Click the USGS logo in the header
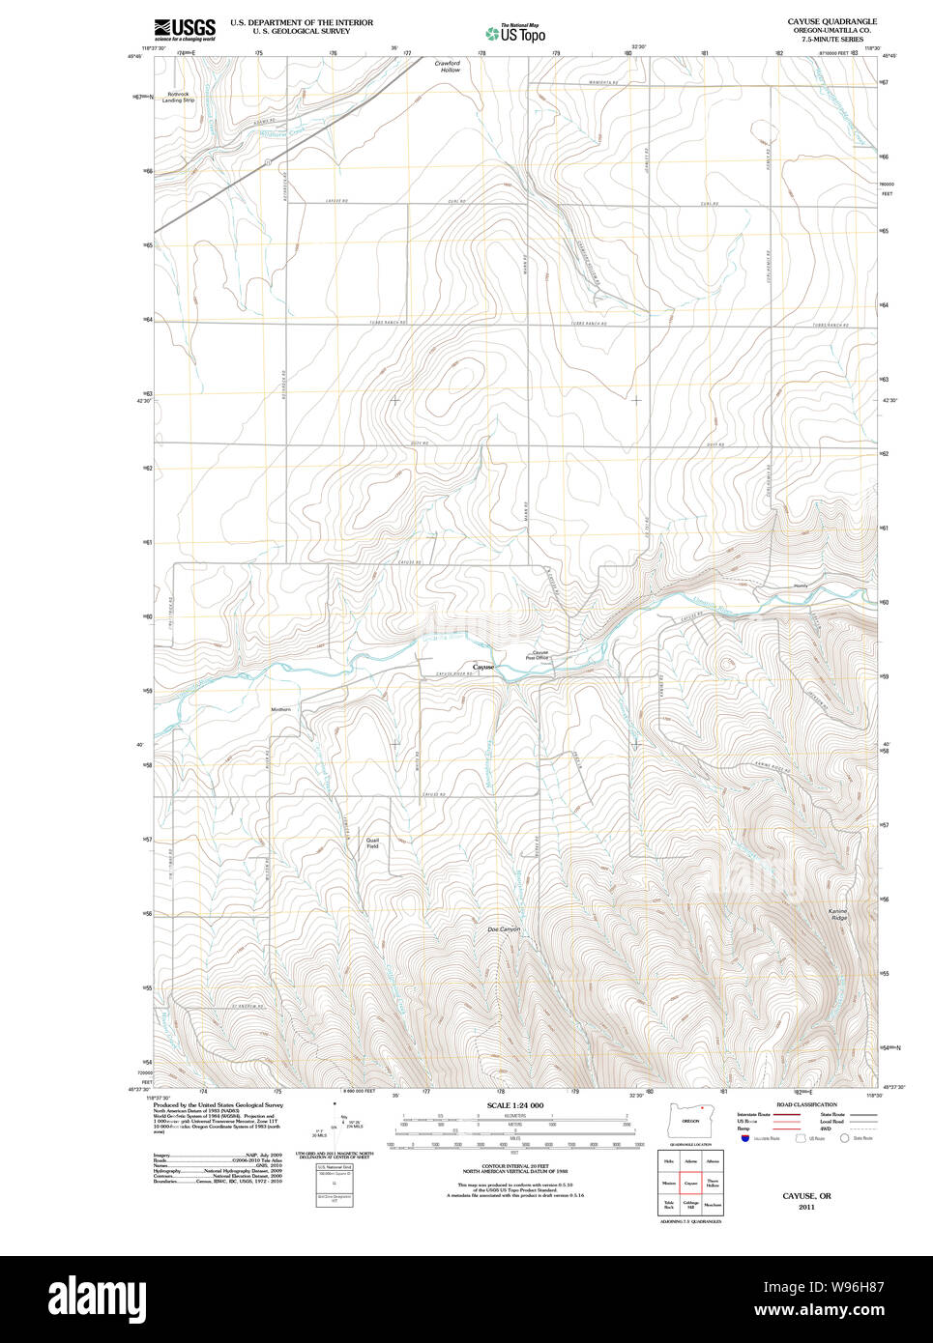pos(185,29)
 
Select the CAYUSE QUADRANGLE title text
pos(831,21)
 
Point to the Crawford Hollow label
pos(447,67)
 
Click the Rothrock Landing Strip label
pos(178,98)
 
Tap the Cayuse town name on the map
pos(483,667)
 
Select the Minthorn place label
pos(280,709)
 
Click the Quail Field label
pos(372,843)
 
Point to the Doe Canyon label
pos(504,929)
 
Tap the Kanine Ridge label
pos(837,914)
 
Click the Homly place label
pos(800,586)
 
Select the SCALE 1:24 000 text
pos(514,1105)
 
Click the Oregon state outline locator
pos(690,1121)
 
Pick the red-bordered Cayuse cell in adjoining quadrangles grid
pos(690,1183)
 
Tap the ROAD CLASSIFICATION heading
pos(806,1104)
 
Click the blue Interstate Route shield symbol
pos(745,1138)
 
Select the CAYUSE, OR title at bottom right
pos(806,1196)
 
